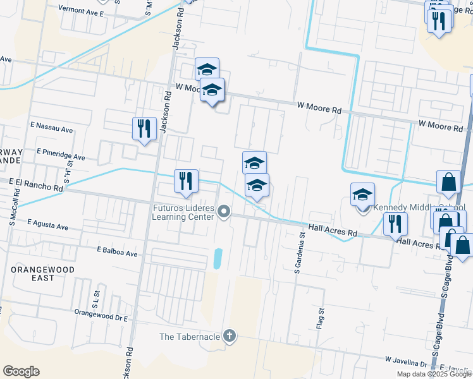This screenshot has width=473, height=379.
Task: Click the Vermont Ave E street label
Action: coord(80,11)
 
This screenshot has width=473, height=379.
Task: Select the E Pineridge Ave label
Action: coord(61,154)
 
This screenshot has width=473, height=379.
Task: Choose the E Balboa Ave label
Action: coord(117,252)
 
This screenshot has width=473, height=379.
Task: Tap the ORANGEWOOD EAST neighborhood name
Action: coord(43,274)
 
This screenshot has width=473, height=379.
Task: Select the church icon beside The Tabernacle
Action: coord(230,336)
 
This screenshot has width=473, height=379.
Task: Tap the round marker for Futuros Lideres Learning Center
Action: coord(224,212)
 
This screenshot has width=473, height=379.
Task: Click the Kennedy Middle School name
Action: coord(420,207)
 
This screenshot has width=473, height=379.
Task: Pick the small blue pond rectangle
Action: coord(218,258)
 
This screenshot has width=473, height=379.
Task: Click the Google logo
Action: coord(21,371)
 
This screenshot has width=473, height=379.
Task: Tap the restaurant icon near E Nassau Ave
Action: coord(144,129)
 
